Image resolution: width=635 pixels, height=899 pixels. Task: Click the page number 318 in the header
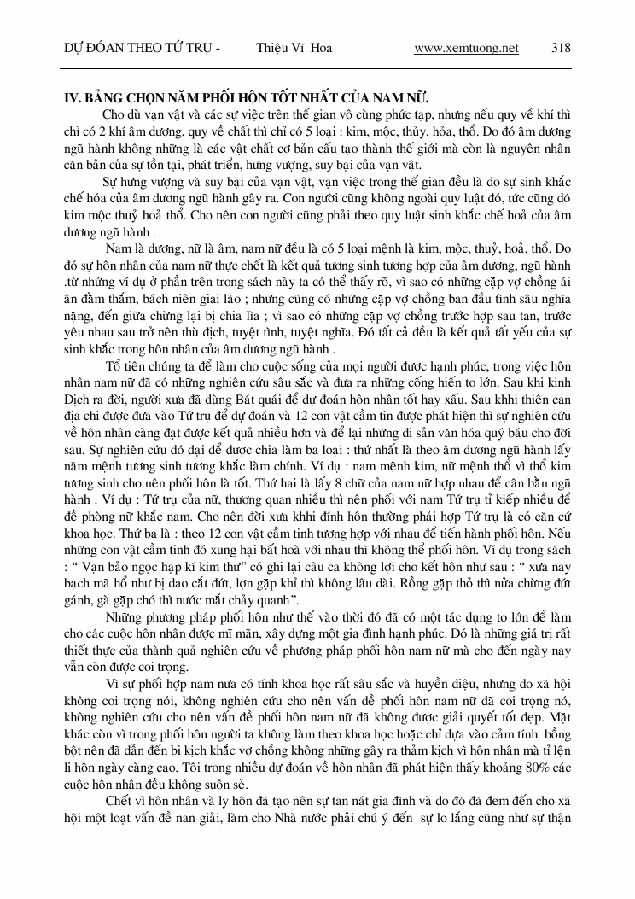pyautogui.click(x=561, y=49)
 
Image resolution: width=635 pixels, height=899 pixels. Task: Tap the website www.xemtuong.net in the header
pyautogui.click(x=466, y=49)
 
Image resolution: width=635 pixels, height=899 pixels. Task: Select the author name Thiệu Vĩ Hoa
pyautogui.click(x=294, y=49)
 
